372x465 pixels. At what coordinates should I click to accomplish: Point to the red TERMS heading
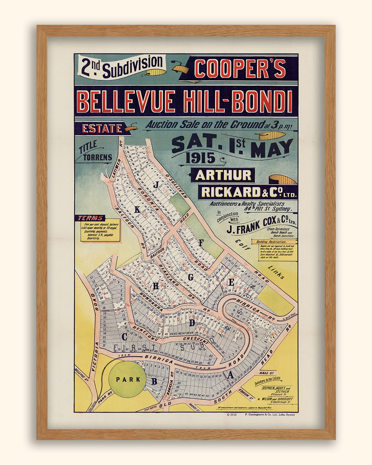tap(90, 218)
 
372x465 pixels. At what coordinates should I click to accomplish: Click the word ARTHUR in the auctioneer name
tap(223, 175)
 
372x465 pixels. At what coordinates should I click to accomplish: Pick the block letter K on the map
tap(137, 210)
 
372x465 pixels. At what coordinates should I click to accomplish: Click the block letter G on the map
tap(191, 277)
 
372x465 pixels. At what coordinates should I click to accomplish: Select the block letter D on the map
tap(192, 323)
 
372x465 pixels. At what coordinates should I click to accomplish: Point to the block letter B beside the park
tap(154, 381)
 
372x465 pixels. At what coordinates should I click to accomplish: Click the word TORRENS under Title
tap(98, 157)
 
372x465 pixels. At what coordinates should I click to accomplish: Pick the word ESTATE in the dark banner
tap(102, 128)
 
